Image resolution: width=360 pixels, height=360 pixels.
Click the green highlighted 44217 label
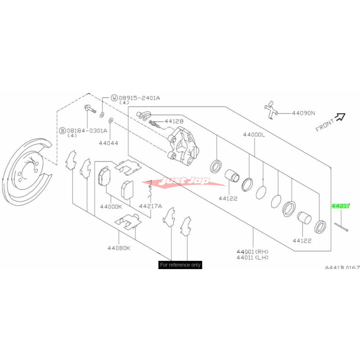pyautogui.click(x=341, y=206)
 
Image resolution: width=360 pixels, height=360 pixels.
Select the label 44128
pyautogui.click(x=173, y=121)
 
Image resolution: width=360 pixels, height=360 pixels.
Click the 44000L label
pyautogui.click(x=255, y=135)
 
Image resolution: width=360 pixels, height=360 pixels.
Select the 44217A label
pyautogui.click(x=150, y=207)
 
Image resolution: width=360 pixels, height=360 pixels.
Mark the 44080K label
pyautogui.click(x=119, y=247)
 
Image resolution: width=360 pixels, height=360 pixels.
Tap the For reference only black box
pyautogui.click(x=180, y=265)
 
